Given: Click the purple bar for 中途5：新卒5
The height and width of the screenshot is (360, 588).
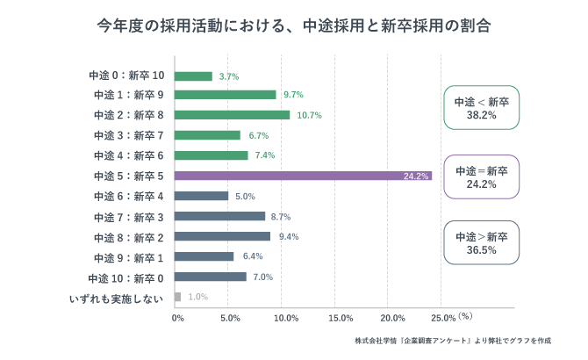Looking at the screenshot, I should point(303,176).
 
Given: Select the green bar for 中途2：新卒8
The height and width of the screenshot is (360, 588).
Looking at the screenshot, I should point(232,115).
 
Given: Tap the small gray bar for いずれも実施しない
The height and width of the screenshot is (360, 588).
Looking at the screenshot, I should point(178,297).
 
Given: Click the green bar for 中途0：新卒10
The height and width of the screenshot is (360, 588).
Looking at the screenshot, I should point(194,76).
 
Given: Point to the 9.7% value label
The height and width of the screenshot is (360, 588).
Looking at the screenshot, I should point(293,95).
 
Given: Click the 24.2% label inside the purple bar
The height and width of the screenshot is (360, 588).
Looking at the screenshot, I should point(416,176).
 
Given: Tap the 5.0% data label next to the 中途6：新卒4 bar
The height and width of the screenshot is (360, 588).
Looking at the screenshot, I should point(244,197).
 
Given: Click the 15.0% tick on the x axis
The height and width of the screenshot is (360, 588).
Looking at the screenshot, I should point(339,318).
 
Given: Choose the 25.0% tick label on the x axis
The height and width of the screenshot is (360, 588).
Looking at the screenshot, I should point(444,318).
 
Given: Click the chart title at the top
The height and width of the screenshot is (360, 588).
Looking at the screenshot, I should point(293,26).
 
